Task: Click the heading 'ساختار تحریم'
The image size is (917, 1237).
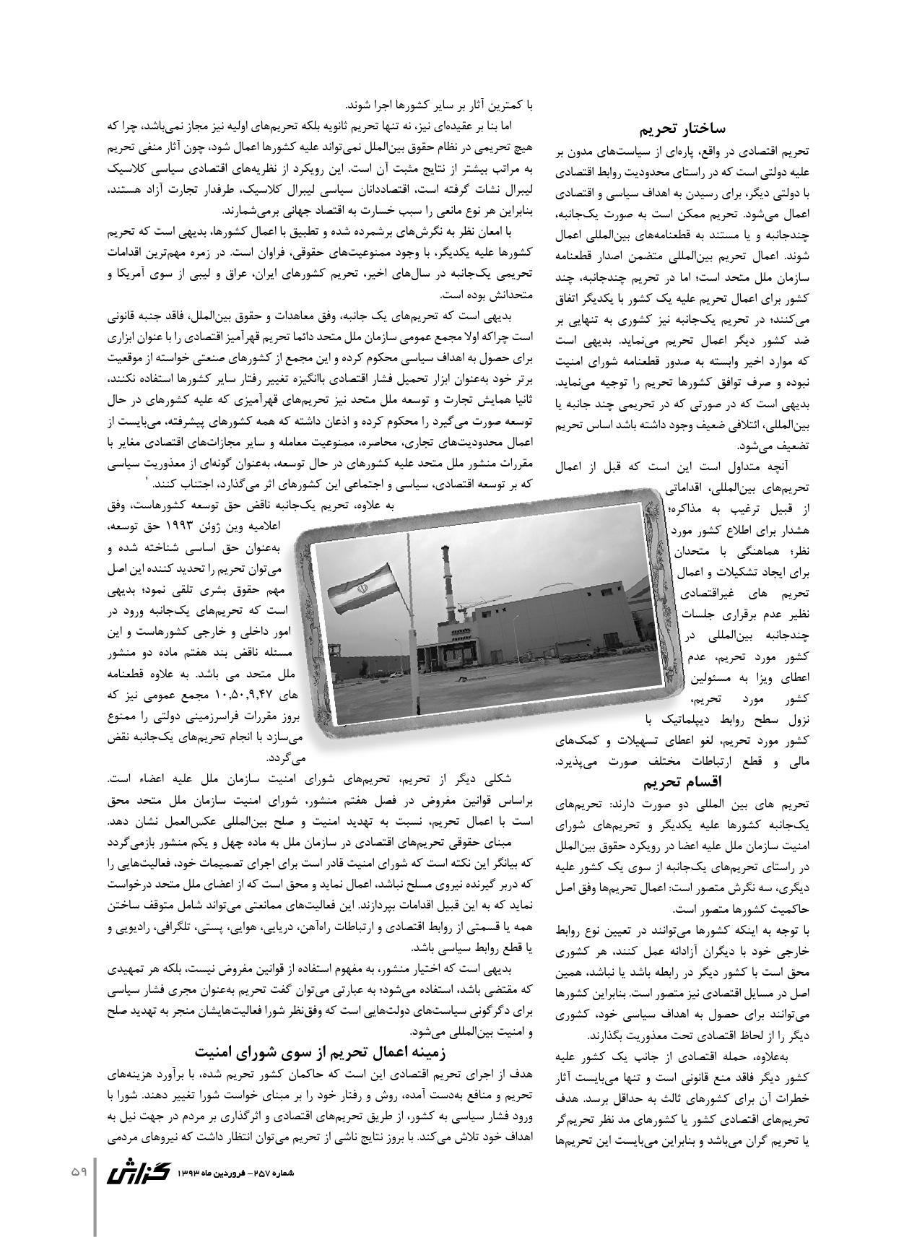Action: tap(682, 129)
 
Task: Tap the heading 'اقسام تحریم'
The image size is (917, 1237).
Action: tap(682, 782)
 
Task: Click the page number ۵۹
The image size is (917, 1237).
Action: tap(78, 1171)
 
